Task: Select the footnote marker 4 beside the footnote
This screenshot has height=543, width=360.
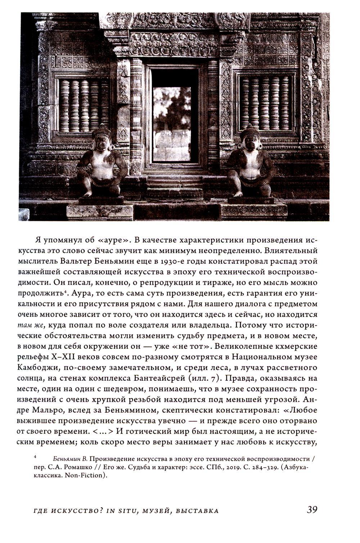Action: point(35,457)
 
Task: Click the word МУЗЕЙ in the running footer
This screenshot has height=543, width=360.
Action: point(157,511)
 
